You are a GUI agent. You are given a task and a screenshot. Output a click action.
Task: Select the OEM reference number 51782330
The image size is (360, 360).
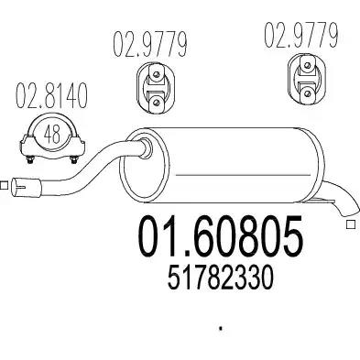coord(220,278)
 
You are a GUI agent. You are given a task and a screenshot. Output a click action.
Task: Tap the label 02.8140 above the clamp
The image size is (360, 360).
coord(51,95)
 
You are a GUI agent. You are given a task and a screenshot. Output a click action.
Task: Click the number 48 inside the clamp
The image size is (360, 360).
coord(51,135)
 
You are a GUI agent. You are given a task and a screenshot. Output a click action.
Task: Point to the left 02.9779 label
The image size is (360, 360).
coord(150,45)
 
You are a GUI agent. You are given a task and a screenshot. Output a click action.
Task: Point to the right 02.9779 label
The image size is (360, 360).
coord(301,35)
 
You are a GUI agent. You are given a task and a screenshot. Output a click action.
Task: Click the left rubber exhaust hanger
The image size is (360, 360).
coord(156,88)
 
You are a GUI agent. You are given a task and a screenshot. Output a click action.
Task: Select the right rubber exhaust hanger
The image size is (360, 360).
coord(306,79)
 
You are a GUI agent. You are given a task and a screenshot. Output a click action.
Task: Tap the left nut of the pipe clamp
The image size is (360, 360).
coord(30,159)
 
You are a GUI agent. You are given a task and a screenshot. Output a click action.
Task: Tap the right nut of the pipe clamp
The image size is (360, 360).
coord(73,159)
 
